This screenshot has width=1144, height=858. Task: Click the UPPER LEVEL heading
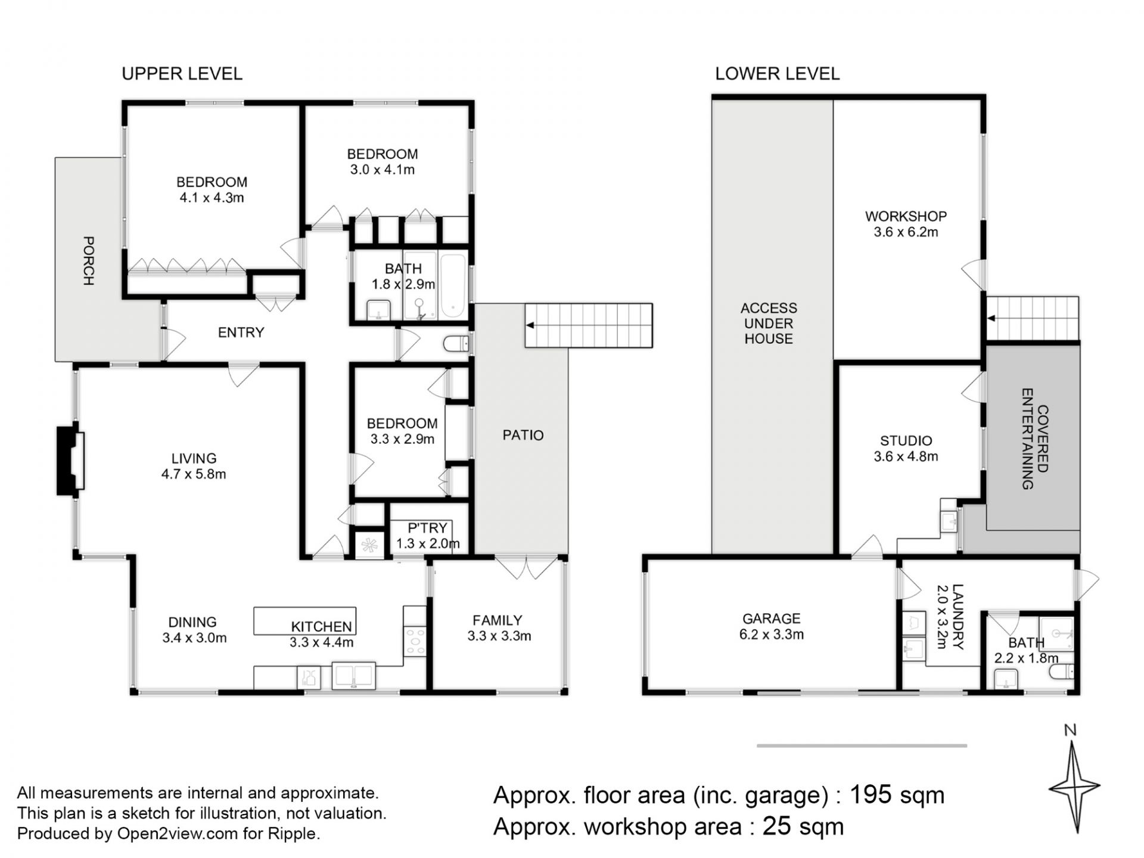point(182,74)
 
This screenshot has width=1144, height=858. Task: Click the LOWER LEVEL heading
point(777,74)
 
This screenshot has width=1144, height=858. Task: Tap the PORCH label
point(88,261)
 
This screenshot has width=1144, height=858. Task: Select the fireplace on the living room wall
point(70,461)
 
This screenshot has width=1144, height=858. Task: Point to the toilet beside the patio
point(456,344)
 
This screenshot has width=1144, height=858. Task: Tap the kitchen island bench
point(305,621)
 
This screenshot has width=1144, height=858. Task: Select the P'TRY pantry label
point(427,528)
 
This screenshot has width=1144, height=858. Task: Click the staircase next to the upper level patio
point(589,325)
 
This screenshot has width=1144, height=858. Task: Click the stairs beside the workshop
point(1033,319)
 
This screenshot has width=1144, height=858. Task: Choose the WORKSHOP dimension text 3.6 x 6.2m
point(906,232)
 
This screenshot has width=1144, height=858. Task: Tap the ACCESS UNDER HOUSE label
point(769,324)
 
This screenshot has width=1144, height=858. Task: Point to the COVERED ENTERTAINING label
point(1035,439)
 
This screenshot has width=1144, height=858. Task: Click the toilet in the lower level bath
point(1061,672)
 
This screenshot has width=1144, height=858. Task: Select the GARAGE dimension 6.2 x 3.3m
point(772,635)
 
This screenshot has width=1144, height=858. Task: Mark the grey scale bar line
point(862,745)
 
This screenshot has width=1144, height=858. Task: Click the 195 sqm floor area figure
point(897,795)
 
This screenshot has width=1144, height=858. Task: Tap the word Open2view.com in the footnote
point(178,834)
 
